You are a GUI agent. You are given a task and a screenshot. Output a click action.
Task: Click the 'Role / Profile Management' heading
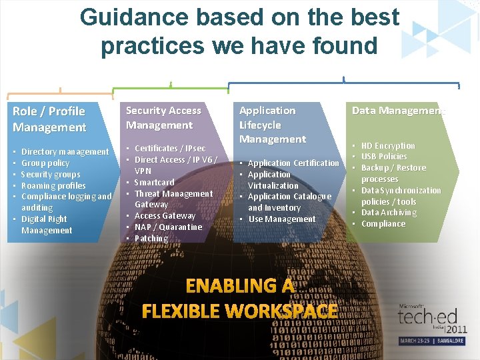coord(49,119)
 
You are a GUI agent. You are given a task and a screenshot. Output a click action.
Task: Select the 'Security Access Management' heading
coord(163,117)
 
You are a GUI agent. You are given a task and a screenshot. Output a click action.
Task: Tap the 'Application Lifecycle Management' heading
coord(273,125)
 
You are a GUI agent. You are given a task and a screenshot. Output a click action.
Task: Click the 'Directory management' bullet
coord(65,152)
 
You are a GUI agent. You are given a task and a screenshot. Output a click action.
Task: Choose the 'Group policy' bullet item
coord(45,163)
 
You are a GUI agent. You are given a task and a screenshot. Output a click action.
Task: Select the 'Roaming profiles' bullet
coord(53,185)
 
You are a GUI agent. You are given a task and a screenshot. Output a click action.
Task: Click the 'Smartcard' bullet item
coord(154,182)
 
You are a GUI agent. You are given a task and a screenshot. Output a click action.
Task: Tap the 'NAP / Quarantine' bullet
coord(168,227)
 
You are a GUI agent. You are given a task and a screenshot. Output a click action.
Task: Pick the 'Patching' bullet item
coord(151,238)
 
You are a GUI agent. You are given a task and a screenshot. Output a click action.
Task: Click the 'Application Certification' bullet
coord(293,163)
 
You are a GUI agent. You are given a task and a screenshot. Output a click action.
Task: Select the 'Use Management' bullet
coord(281,219)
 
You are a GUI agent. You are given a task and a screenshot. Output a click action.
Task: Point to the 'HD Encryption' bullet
coord(388,145)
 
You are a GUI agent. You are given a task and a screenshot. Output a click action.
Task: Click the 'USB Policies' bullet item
coord(384,156)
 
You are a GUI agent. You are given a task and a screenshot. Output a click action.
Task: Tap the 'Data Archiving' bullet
coord(389,213)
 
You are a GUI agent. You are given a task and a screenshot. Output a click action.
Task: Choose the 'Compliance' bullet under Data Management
coord(383,224)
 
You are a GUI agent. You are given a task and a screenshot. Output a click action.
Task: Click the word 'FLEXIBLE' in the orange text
coord(181,311)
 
